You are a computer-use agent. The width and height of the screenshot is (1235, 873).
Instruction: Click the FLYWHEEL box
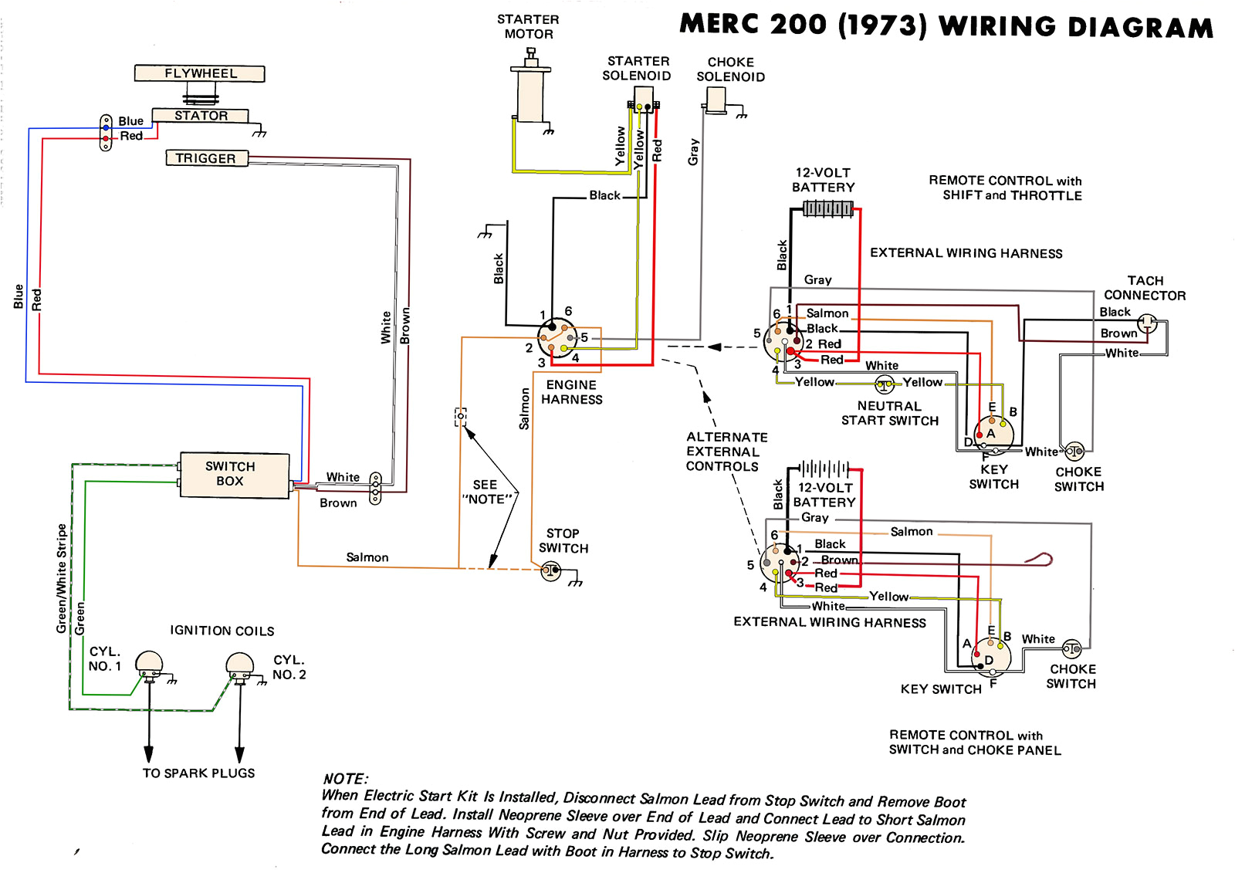click(199, 73)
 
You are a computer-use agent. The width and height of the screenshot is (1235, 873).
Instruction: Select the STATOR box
click(201, 116)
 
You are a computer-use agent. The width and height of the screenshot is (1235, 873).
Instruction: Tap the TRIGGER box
click(206, 158)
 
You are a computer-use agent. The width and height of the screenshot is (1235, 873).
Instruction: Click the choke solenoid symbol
click(716, 100)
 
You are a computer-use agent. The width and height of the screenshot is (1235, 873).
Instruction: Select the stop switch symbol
click(551, 571)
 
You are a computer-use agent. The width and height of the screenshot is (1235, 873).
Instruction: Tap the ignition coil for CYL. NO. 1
click(149, 664)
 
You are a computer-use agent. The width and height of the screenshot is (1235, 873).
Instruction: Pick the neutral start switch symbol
click(885, 384)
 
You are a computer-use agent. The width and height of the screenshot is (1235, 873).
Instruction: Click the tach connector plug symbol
click(1147, 323)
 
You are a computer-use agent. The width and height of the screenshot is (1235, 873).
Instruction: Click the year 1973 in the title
click(882, 25)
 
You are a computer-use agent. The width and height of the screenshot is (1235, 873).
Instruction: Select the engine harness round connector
click(557, 338)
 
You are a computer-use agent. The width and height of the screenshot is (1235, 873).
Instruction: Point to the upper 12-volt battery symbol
click(827, 208)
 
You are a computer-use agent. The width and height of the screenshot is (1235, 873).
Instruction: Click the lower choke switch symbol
click(1071, 648)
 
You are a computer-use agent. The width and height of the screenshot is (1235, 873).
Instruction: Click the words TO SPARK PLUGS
click(198, 773)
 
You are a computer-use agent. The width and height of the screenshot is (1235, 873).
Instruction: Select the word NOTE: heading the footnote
click(345, 779)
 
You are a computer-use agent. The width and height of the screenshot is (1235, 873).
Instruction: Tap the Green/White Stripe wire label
click(62, 579)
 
